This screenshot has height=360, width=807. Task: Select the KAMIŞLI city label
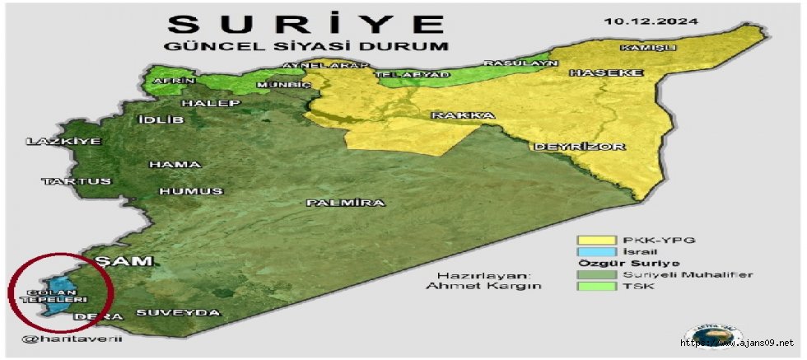tap(649, 48)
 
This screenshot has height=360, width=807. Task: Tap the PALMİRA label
tap(346, 203)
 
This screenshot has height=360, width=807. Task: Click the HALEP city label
tap(211, 104)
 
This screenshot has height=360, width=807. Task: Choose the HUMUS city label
tap(191, 191)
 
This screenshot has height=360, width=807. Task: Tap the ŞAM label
tap(124, 261)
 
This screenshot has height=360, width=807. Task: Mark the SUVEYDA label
tap(178, 313)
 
